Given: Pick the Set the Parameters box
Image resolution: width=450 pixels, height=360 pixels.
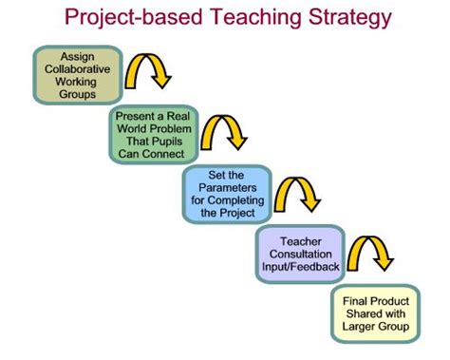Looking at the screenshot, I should (x=225, y=194).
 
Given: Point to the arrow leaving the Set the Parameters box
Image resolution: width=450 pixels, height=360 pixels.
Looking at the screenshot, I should (x=299, y=190).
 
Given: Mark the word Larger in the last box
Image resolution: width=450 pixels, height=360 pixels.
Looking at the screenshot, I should (x=362, y=328).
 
